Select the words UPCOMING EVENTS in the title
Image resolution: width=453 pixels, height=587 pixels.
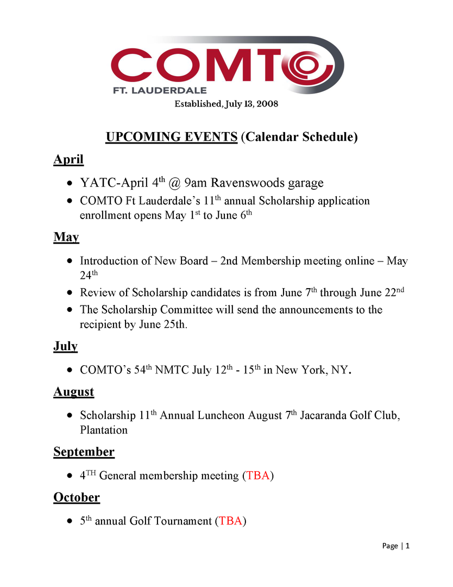tap(171, 136)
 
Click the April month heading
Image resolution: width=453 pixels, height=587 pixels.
tap(68, 159)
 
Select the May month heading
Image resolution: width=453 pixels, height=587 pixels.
tap(66, 237)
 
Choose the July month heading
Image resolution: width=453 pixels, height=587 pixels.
tap(66, 346)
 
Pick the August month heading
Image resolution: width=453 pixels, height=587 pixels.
tap(73, 392)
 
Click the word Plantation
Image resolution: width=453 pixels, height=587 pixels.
tap(104, 430)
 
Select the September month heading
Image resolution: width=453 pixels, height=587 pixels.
tap(84, 452)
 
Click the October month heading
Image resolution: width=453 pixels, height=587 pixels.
tap(77, 497)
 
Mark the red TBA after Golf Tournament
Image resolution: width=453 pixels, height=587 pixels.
tap(231, 521)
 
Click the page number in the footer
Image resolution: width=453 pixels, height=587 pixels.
tap(408, 546)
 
